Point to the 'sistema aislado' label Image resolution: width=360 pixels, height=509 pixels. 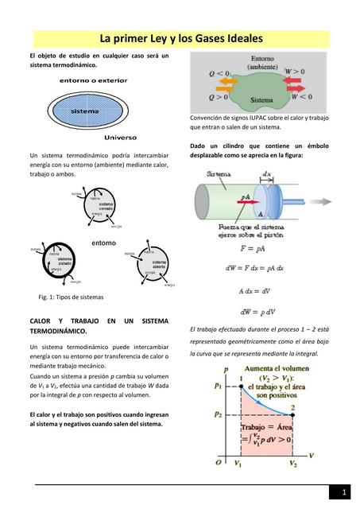pyautogui.click(x=65, y=262)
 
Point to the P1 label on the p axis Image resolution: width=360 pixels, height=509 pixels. pyautogui.click(x=217, y=386)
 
